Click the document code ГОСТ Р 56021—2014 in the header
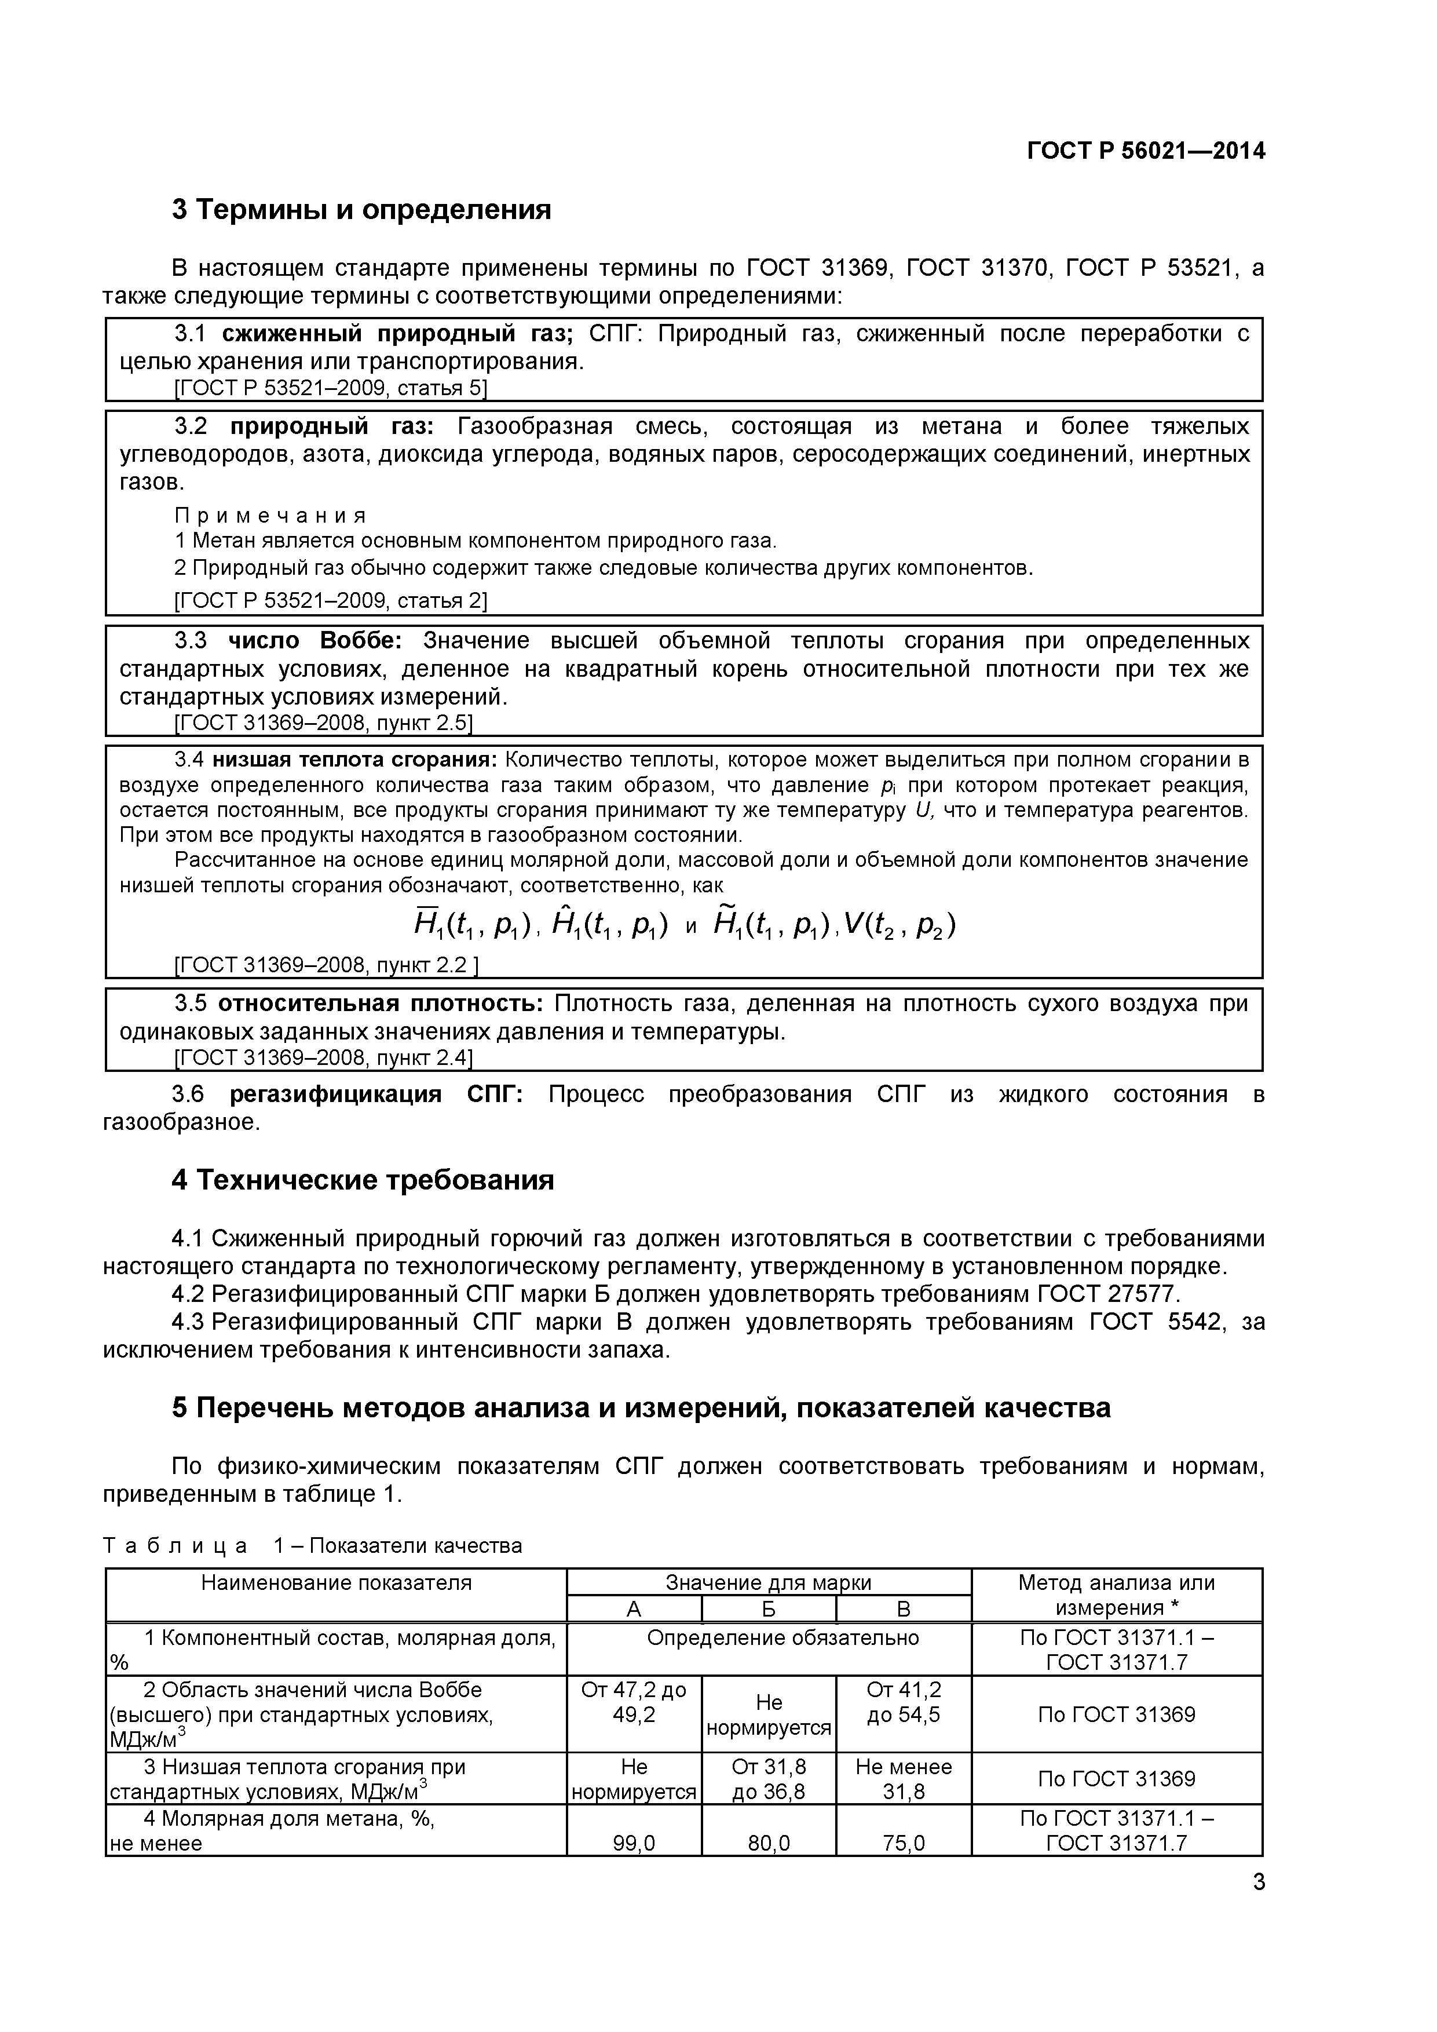[x=1145, y=151]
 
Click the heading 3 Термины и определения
[x=361, y=210]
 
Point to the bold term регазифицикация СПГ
[x=376, y=1094]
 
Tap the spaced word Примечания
[x=270, y=515]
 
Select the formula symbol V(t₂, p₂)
[x=899, y=925]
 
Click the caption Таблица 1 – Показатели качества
[x=312, y=1545]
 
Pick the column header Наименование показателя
[x=337, y=1582]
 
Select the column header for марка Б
[x=768, y=1609]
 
